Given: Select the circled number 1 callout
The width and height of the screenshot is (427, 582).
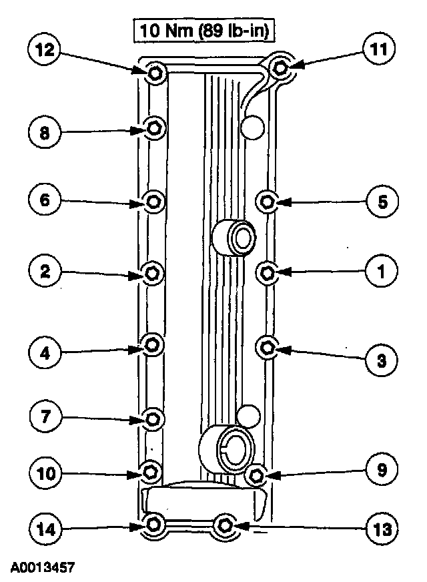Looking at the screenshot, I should pyautogui.click(x=381, y=272).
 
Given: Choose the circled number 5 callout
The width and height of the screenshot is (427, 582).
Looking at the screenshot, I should pyautogui.click(x=381, y=201).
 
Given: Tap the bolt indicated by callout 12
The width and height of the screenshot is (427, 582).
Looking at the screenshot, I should pyautogui.click(x=154, y=73).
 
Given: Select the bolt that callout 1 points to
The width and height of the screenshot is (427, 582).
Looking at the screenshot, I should pyautogui.click(x=267, y=272).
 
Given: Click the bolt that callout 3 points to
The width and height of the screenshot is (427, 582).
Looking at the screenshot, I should pyautogui.click(x=267, y=346).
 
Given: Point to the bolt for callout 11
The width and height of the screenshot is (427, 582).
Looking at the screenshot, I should pyautogui.click(x=281, y=67).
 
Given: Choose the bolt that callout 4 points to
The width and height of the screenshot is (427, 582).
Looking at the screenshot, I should pyautogui.click(x=153, y=344).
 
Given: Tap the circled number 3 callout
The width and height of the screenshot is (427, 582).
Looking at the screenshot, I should pyautogui.click(x=381, y=361).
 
